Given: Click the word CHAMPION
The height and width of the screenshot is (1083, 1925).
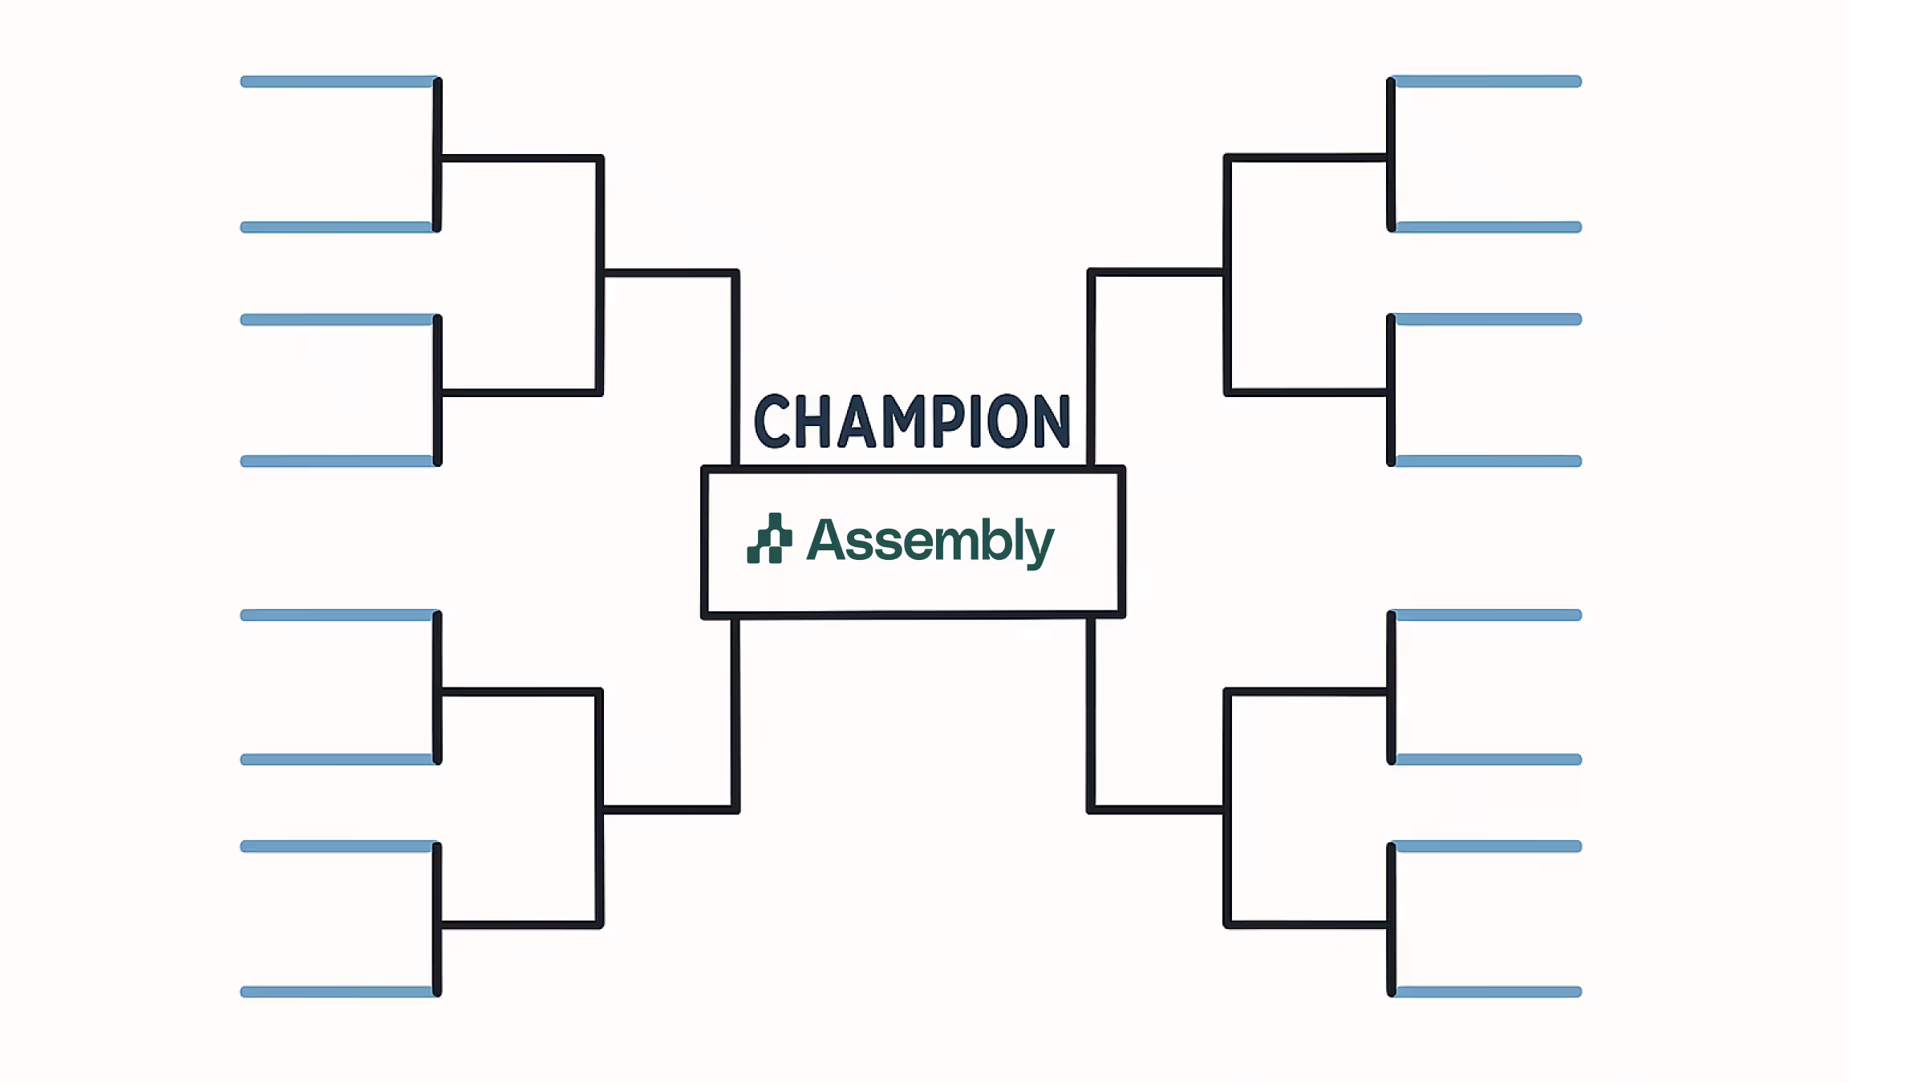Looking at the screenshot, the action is click(x=912, y=421).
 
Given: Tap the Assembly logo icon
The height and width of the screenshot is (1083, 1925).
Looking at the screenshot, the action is click(x=769, y=539).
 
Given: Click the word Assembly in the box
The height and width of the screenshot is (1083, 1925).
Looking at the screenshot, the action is click(x=930, y=541).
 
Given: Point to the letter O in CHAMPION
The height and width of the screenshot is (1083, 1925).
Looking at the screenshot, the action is click(x=1007, y=421).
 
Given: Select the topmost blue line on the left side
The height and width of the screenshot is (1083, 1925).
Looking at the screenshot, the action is click(x=338, y=82).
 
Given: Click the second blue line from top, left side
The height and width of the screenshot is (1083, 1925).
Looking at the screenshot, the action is click(x=338, y=228).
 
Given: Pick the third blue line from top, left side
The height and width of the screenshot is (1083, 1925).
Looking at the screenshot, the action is click(x=338, y=320).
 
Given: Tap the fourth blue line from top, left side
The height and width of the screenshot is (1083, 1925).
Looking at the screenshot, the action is click(x=338, y=461).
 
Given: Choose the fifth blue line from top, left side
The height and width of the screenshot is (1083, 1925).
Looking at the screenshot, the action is click(x=338, y=615).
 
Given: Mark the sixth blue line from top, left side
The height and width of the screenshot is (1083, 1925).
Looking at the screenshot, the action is click(x=338, y=760).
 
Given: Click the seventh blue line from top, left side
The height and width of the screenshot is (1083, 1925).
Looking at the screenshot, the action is click(x=338, y=846).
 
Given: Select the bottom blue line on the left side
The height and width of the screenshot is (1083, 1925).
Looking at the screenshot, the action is click(x=338, y=992).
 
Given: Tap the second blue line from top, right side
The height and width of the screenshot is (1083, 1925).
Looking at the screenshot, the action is click(x=1488, y=228).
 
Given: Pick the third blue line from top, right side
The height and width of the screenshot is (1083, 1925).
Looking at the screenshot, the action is click(x=1488, y=319).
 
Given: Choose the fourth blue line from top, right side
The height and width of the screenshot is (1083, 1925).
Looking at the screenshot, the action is click(x=1488, y=461).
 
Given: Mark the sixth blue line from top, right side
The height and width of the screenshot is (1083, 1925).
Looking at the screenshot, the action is click(x=1488, y=760).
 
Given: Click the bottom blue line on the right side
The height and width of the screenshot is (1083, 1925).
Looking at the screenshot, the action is click(x=1488, y=992).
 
